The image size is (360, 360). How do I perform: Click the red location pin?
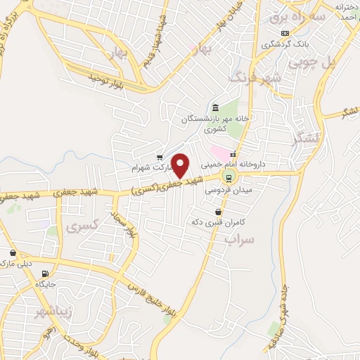(181, 165)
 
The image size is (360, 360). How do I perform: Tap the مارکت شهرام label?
(150, 169)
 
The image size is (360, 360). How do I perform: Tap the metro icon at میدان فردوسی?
(228, 177)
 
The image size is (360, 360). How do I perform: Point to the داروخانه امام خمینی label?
(264, 162)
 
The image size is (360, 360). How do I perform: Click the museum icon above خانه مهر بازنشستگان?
(214, 108)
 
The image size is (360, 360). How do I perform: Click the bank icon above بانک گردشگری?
(284, 33)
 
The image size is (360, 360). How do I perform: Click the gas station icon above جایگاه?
(46, 274)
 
